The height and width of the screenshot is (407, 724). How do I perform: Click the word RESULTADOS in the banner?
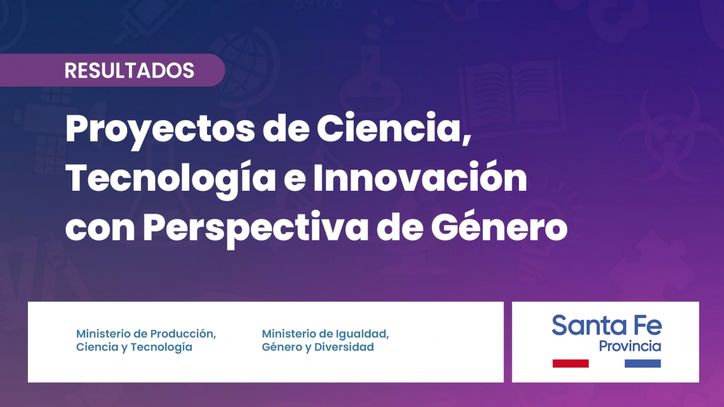[130, 71]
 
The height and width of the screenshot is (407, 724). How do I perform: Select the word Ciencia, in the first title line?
[394, 128]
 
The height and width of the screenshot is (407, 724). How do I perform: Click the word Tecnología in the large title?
[170, 179]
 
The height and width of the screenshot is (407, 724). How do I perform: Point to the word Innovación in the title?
[420, 177]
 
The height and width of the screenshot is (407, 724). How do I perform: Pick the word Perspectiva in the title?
[255, 228]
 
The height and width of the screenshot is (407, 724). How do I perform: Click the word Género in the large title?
[499, 226]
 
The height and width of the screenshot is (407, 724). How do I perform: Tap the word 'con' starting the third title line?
[100, 230]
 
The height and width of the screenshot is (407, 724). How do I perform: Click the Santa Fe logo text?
[607, 325]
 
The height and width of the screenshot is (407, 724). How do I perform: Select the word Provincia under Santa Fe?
[630, 347]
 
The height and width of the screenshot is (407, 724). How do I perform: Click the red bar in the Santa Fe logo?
[570, 364]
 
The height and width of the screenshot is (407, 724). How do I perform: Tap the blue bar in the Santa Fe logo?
[643, 364]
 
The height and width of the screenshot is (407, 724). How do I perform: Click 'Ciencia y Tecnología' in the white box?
[134, 347]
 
